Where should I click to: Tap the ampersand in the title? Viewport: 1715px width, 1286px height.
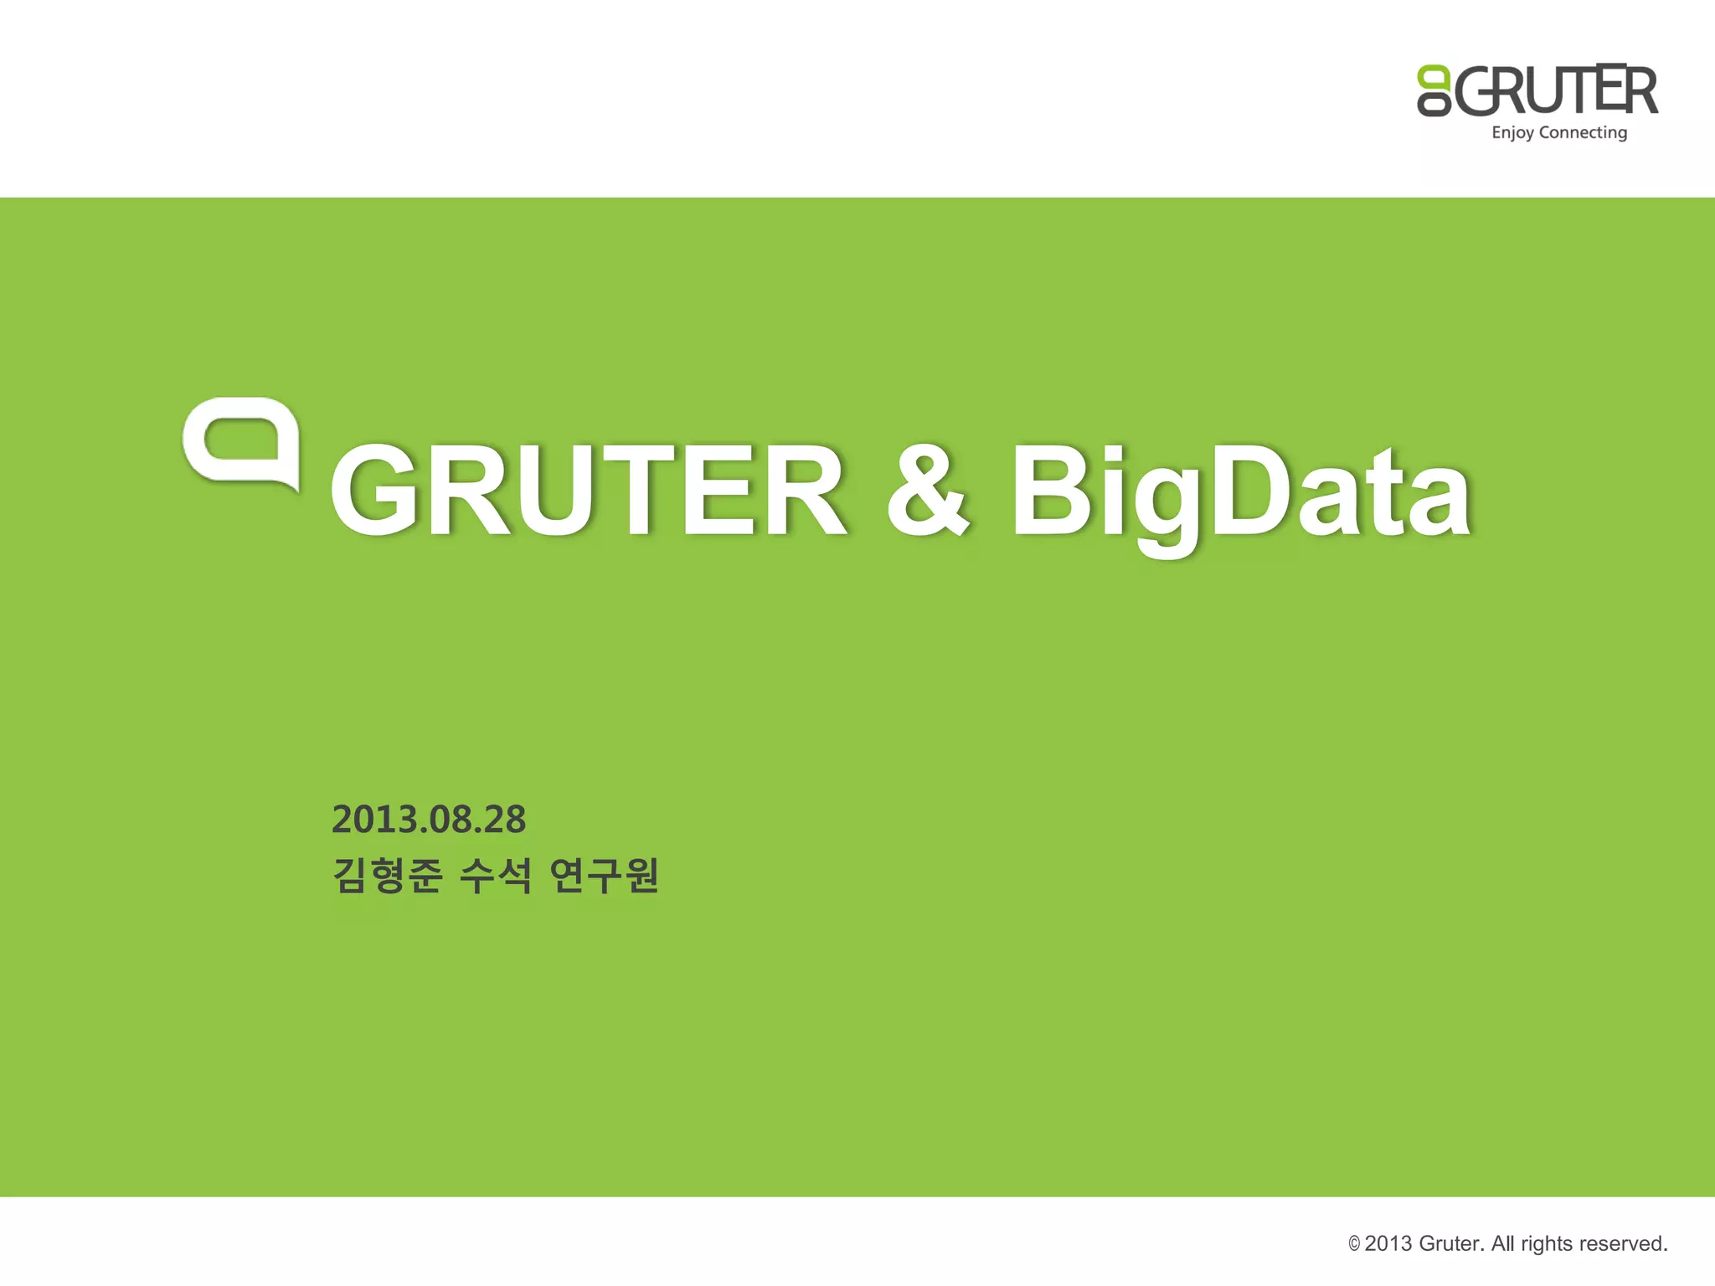(928, 490)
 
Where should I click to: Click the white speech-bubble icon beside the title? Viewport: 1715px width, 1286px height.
(241, 442)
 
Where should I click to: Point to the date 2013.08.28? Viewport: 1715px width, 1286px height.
(429, 819)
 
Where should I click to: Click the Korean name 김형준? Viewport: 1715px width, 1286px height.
(387, 876)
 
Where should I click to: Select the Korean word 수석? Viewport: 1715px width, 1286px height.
(496, 876)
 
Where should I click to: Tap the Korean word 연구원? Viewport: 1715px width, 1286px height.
(605, 876)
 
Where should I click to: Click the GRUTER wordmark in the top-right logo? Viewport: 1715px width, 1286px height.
(1556, 90)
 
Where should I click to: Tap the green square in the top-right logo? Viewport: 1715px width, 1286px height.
(1433, 78)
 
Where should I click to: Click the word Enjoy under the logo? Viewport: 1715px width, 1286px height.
(1512, 133)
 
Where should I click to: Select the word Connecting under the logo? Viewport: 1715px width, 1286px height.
(1583, 133)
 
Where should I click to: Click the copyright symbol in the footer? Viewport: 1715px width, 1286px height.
(1354, 1244)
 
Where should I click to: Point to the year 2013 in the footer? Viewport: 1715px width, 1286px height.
(1389, 1243)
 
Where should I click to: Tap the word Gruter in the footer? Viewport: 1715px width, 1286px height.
(1452, 1243)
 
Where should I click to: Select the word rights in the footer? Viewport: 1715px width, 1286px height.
(1547, 1244)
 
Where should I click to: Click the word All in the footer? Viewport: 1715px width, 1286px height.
(1503, 1243)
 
